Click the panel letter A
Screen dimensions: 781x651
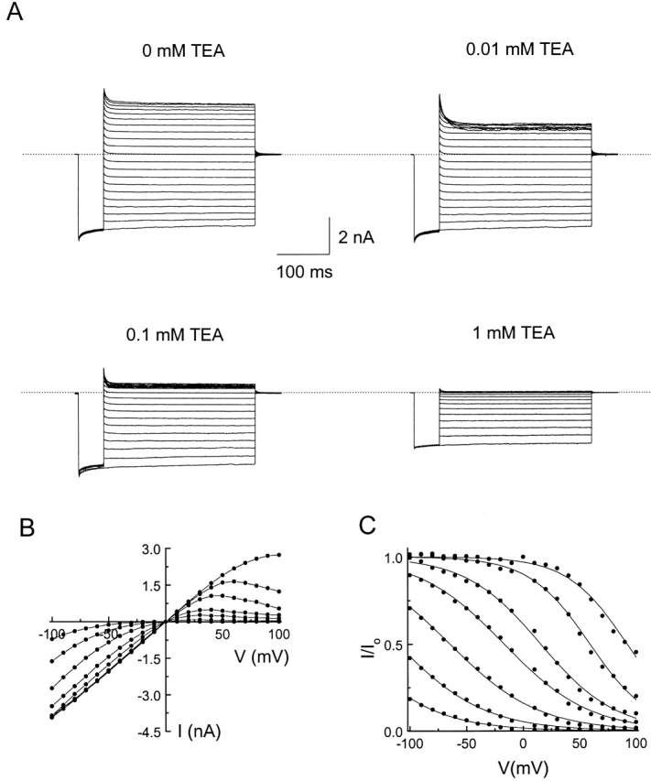pyautogui.click(x=15, y=16)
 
